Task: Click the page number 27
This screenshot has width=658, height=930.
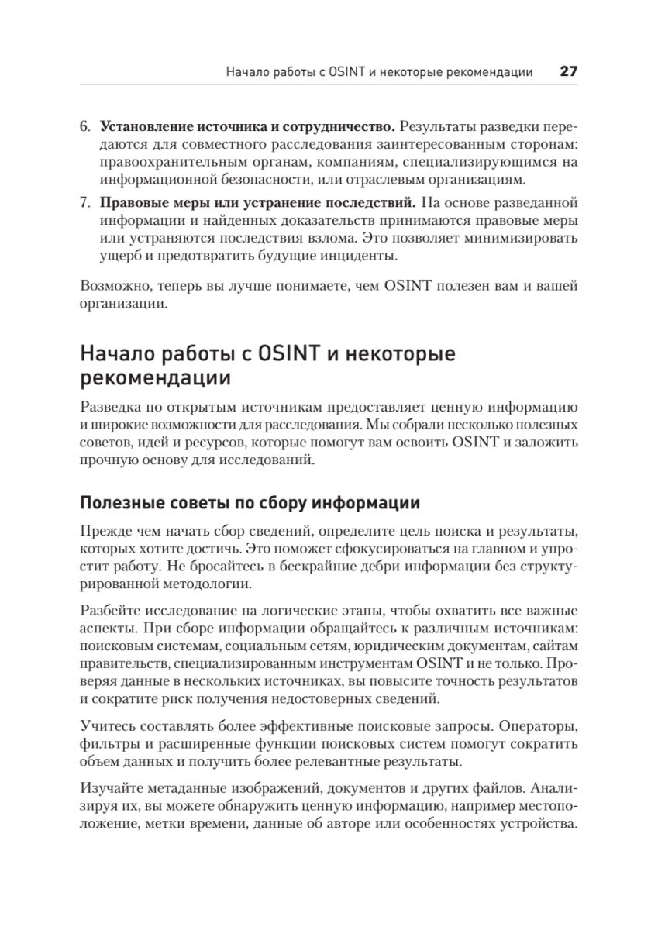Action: [568, 72]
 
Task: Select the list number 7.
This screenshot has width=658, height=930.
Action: [84, 203]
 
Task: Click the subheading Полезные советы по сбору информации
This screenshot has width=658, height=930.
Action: [250, 503]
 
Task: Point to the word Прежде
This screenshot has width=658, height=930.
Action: [103, 531]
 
